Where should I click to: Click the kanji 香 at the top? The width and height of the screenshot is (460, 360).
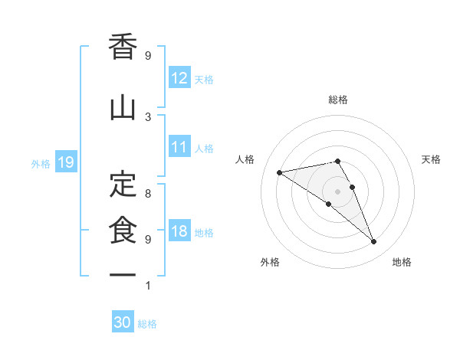point(123,47)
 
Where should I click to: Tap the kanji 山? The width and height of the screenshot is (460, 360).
point(123,108)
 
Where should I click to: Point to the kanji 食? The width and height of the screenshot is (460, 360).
point(123,231)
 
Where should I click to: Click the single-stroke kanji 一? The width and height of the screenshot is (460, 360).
point(123,273)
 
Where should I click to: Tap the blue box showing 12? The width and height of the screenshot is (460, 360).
point(179,78)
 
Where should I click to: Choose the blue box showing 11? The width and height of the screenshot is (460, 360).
point(179,147)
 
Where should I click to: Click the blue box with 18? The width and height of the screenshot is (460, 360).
point(179,232)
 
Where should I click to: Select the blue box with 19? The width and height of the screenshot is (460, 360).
point(65,162)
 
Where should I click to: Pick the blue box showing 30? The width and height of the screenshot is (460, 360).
point(123,322)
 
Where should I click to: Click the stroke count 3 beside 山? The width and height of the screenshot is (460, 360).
point(148,116)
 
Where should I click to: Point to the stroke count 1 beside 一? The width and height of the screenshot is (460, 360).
point(148,286)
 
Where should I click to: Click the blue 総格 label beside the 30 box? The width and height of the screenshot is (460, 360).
point(147,324)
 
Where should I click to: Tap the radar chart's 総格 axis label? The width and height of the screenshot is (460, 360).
point(338,100)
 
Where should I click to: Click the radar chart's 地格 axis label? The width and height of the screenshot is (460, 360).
point(402,262)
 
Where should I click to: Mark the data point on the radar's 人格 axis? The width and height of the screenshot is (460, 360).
point(280,172)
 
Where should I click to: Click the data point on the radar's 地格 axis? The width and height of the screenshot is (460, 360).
point(374,242)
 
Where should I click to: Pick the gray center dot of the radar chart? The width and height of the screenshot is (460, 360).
point(338,191)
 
